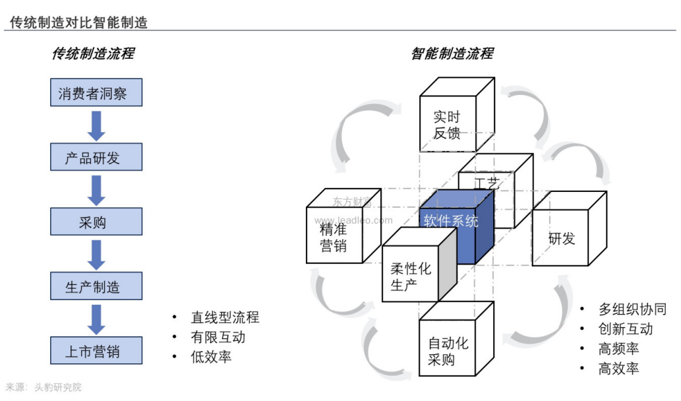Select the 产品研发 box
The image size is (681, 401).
pos(96,158)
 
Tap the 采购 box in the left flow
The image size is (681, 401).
pos(96,222)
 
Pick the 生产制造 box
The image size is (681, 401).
pos(96,286)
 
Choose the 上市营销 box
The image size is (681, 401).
pos(96,351)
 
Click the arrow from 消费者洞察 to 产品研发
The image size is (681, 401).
pos(97,125)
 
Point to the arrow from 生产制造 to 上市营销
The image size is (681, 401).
pos(97,319)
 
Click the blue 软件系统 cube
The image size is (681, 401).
pos(452,222)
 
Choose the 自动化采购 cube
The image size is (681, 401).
pos(448,351)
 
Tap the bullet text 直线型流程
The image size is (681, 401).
pos(225,318)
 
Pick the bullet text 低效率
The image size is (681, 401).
pos(211,357)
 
